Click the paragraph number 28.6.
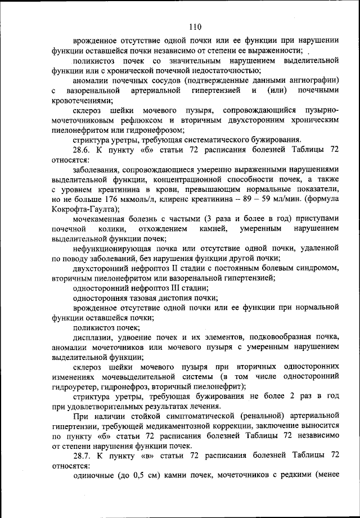pyautogui.click(x=83, y=150)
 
